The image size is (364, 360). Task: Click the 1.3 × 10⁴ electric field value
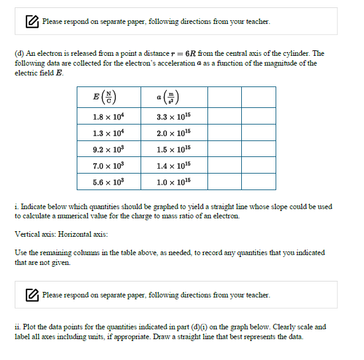pyautogui.click(x=109, y=133)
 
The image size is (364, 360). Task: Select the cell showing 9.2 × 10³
pyautogui.click(x=109, y=149)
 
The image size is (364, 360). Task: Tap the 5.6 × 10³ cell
pyautogui.click(x=109, y=182)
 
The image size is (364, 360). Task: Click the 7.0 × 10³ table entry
pyautogui.click(x=109, y=166)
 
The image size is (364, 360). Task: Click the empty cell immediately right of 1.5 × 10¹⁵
pyautogui.click(x=224, y=149)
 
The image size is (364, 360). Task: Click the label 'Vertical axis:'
pyautogui.click(x=35, y=234)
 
